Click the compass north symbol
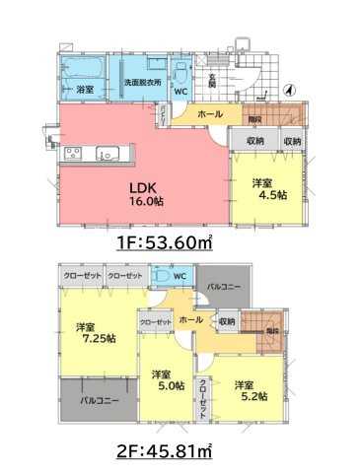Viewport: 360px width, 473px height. click(286, 90)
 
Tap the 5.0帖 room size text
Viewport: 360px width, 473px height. click(162, 386)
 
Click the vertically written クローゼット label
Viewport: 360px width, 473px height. click(202, 398)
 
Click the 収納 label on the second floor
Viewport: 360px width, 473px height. click(227, 320)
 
